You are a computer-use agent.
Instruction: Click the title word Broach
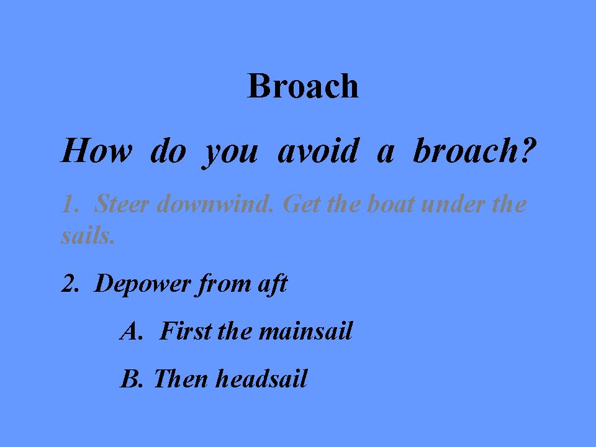pyautogui.click(x=303, y=86)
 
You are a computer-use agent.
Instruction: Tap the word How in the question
pyautogui.click(x=97, y=150)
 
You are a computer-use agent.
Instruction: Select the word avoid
pyautogui.click(x=318, y=150)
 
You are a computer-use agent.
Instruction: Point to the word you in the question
pyautogui.click(x=230, y=154)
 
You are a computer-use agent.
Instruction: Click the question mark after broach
pyautogui.click(x=528, y=150)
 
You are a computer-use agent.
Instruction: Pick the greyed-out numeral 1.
pyautogui.click(x=70, y=204)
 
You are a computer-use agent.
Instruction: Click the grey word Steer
pyautogui.click(x=121, y=204)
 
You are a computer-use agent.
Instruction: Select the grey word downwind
pyautogui.click(x=215, y=204)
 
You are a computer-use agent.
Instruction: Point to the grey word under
pyautogui.click(x=453, y=204)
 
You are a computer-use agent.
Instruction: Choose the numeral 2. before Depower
pyautogui.click(x=70, y=283)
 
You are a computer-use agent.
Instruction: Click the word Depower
pyautogui.click(x=142, y=284)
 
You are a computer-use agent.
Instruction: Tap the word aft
pyautogui.click(x=273, y=284)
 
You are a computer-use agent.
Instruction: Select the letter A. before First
pyautogui.click(x=132, y=331)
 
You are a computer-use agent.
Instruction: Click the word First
pyautogui.click(x=185, y=330)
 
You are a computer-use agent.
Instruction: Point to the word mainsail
pyautogui.click(x=305, y=330)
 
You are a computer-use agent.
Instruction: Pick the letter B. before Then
pyautogui.click(x=132, y=379)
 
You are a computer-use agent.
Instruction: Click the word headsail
pyautogui.click(x=261, y=378)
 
